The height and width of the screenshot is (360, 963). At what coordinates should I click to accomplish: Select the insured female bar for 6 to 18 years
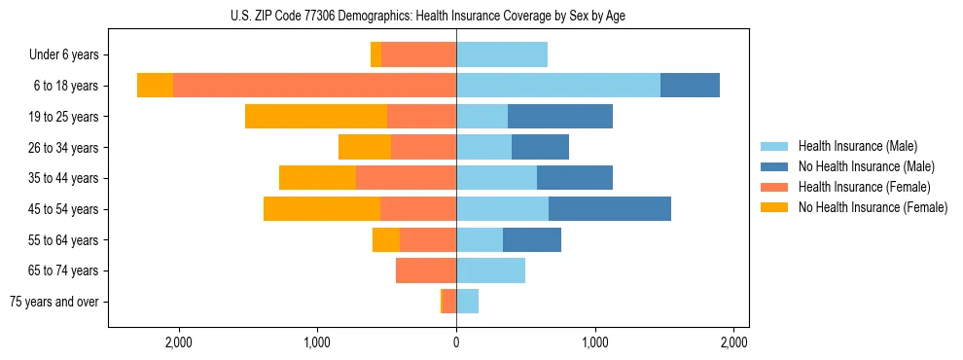pyautogui.click(x=314, y=86)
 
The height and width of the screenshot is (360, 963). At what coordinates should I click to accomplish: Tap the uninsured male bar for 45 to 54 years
pyautogui.click(x=610, y=209)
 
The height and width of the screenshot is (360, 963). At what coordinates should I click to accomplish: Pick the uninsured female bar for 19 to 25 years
pyautogui.click(x=316, y=117)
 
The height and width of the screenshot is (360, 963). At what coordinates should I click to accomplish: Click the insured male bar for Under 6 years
pyautogui.click(x=502, y=55)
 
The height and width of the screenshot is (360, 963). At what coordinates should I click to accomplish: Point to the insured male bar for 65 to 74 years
pyautogui.click(x=491, y=270)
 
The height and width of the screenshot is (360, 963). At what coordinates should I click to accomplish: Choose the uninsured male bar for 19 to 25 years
pyautogui.click(x=560, y=117)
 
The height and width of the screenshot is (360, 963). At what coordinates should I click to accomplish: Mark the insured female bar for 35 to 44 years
pyautogui.click(x=407, y=178)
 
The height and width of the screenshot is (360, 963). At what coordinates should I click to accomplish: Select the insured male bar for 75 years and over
pyautogui.click(x=468, y=302)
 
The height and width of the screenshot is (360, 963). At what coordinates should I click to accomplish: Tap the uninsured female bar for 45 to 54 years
pyautogui.click(x=322, y=209)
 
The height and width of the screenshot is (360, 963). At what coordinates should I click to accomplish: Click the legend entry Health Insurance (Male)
pyautogui.click(x=856, y=146)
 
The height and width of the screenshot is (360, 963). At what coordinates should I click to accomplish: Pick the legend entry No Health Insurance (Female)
pyautogui.click(x=872, y=207)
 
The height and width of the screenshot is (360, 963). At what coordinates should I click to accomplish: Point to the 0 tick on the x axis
pyautogui.click(x=456, y=342)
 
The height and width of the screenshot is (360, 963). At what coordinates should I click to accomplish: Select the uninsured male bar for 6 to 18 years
pyautogui.click(x=690, y=86)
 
